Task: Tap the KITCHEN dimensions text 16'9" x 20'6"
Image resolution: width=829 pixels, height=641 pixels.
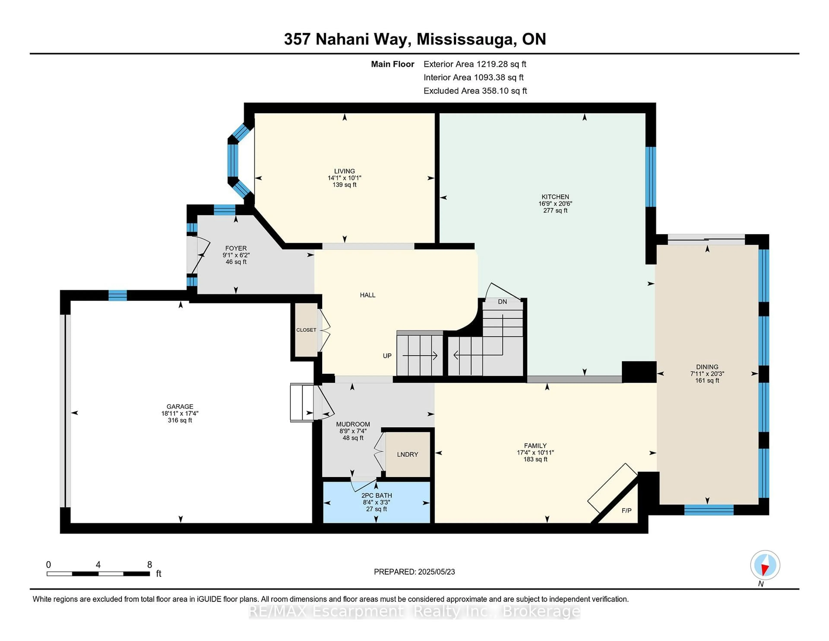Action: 555,203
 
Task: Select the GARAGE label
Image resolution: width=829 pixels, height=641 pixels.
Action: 180,406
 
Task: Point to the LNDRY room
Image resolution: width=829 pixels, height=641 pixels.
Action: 407,455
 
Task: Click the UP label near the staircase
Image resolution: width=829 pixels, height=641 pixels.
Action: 387,356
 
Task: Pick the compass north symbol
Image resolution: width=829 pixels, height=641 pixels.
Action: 765,565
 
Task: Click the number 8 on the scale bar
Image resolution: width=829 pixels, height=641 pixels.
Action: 150,565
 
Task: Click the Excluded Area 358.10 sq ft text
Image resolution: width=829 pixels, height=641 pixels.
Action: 475,91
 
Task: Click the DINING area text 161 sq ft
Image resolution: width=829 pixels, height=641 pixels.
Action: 707,381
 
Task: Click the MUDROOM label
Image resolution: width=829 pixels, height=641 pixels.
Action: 353,424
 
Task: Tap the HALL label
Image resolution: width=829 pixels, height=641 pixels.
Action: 367,295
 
